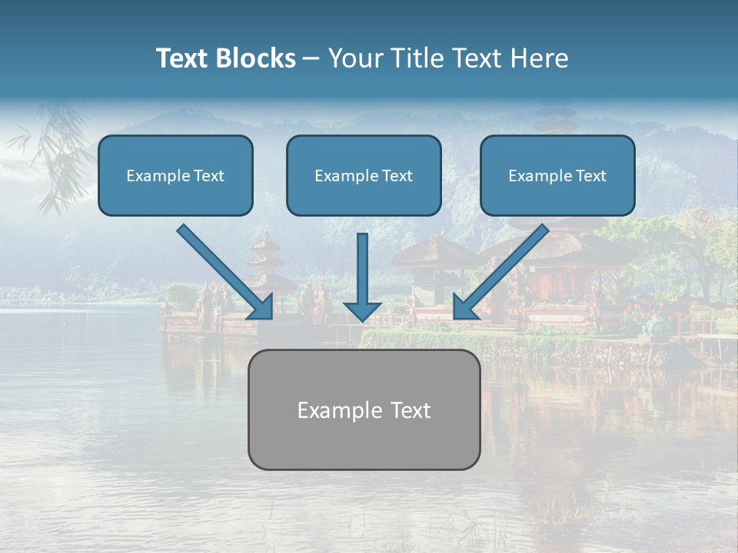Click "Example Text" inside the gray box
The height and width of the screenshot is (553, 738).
pyautogui.click(x=364, y=410)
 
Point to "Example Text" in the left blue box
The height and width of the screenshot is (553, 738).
pyautogui.click(x=175, y=176)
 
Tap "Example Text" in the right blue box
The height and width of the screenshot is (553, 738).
pyautogui.click(x=557, y=176)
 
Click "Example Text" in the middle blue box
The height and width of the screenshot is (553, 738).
pyautogui.click(x=364, y=176)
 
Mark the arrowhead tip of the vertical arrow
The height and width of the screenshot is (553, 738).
pyautogui.click(x=362, y=320)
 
